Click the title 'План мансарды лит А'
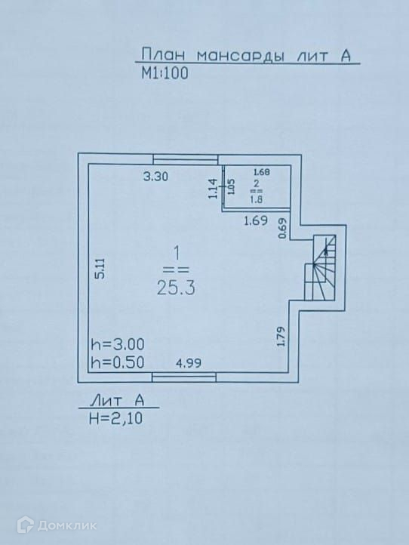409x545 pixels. (x=246, y=56)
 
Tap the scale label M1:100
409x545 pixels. (x=165, y=73)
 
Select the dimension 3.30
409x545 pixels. (x=155, y=177)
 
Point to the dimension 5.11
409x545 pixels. (x=100, y=269)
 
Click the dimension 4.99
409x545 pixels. (x=189, y=363)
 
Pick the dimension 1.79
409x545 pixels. (x=281, y=337)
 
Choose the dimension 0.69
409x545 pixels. (x=283, y=228)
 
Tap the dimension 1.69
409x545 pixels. (x=256, y=220)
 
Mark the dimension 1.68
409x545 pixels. (x=262, y=171)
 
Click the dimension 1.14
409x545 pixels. (x=213, y=189)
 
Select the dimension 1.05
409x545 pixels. (x=231, y=187)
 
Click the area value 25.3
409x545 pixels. (x=176, y=288)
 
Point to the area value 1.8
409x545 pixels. (x=257, y=200)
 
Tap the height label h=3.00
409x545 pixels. (x=118, y=345)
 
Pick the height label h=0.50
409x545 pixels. (x=118, y=363)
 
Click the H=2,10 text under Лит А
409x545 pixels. (x=116, y=418)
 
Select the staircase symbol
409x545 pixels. (x=321, y=268)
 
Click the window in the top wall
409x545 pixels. (x=186, y=159)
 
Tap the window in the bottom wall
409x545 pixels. (x=184, y=377)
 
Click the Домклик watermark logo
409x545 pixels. (x=57, y=525)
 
